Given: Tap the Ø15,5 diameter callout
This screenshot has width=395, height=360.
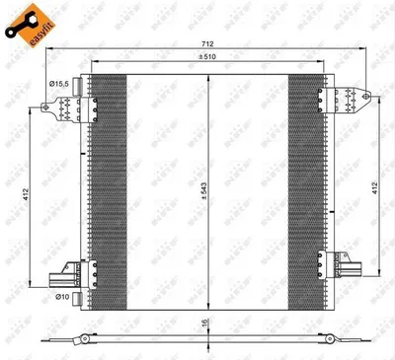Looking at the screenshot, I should [x=61, y=87].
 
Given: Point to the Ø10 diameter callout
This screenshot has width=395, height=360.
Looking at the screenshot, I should [x=61, y=296].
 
